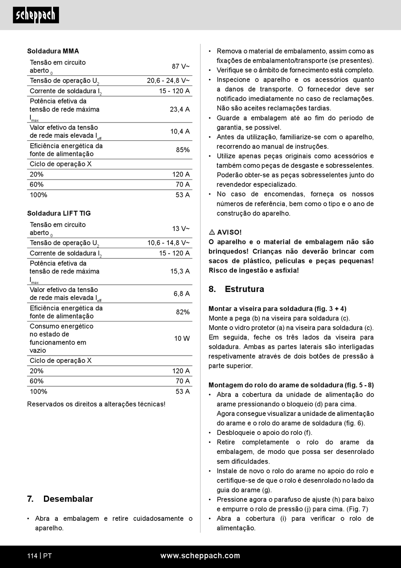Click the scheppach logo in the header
coord(36,15)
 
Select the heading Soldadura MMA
coord(53,51)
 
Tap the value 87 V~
coord(181,66)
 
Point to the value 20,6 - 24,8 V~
coord(168,80)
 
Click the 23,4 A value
coord(180,109)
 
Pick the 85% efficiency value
coord(183,150)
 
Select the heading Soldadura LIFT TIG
coord(59,213)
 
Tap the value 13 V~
coord(181,228)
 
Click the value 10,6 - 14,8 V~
coord(168,243)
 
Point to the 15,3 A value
coord(180,271)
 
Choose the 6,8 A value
coord(182,294)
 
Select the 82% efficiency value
coord(183,312)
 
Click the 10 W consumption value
coord(182,338)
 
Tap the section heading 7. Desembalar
coord(60,499)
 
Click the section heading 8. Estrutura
coord(236,289)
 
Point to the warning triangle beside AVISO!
coord(212,232)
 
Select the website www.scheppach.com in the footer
coord(200,556)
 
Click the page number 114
coord(33,556)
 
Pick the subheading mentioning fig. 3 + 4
coord(277,308)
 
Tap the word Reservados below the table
coord(44,404)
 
